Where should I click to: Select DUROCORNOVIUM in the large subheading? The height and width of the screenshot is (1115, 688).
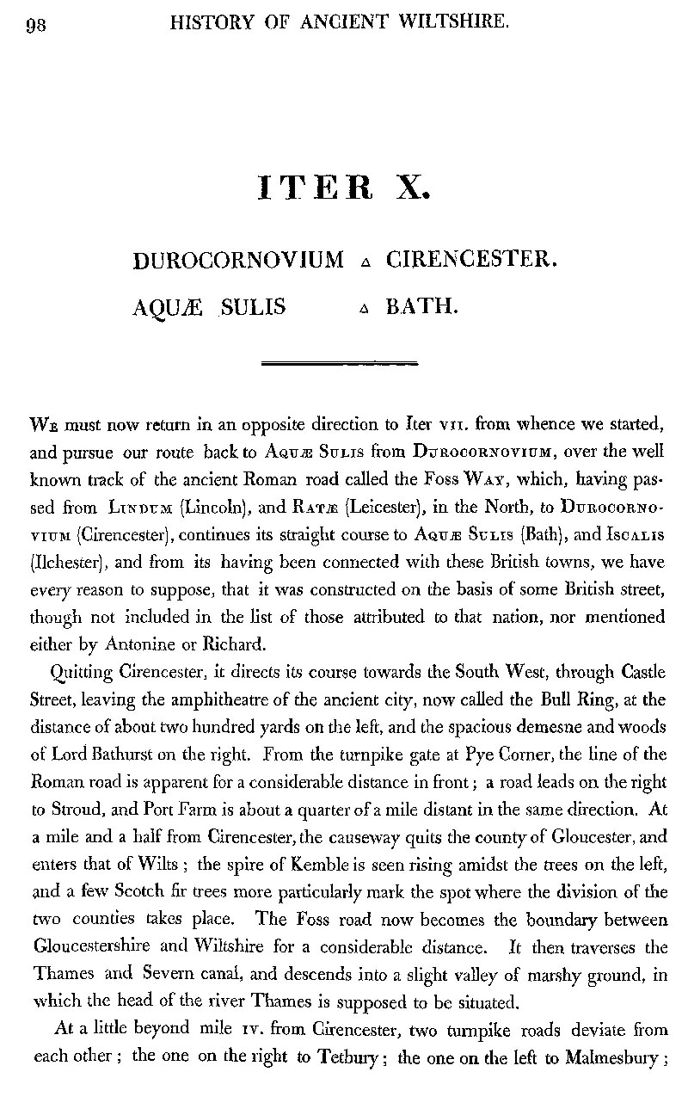(x=239, y=259)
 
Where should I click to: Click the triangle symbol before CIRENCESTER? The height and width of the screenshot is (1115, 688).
(x=366, y=261)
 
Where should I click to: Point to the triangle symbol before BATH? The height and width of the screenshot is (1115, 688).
(x=366, y=307)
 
